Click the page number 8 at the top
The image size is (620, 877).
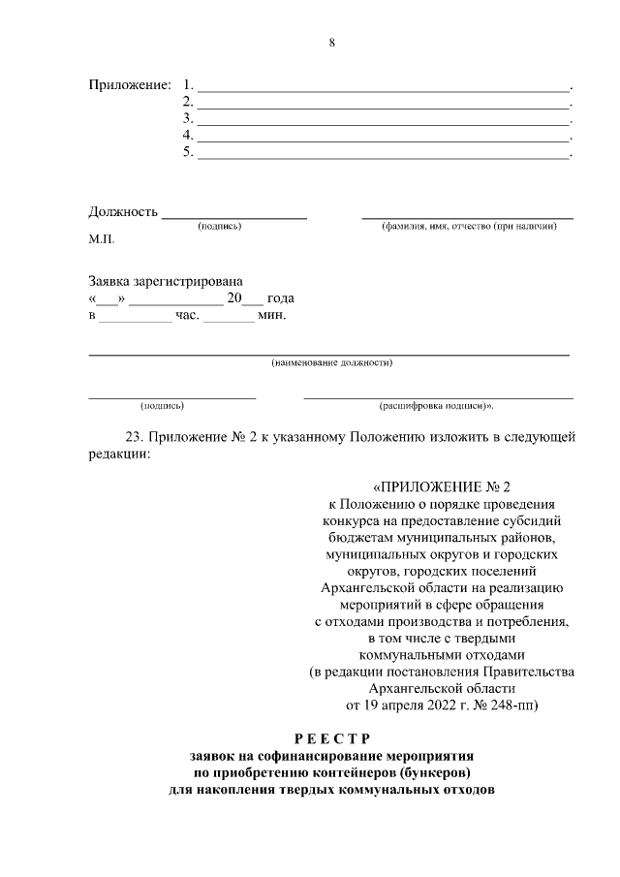tap(332, 43)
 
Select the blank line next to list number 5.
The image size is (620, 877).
tap(383, 154)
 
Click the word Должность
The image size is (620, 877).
tap(123, 211)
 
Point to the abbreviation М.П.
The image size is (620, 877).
tap(102, 238)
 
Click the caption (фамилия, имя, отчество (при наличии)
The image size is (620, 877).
tap(469, 226)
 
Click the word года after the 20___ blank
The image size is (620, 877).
tap(280, 298)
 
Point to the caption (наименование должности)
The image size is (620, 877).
tap(331, 363)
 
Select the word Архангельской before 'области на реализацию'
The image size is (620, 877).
tap(369, 587)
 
